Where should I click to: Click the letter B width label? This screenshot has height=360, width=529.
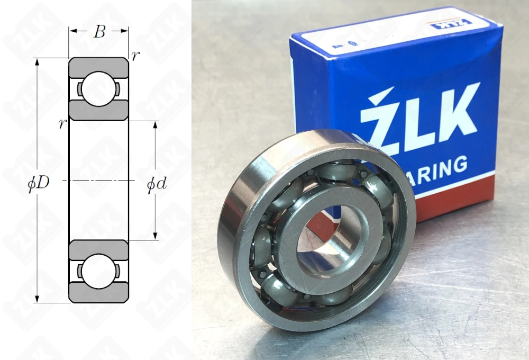99,32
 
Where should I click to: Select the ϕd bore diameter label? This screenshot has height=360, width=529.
157,184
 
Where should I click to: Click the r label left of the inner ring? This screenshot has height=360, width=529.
62,123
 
